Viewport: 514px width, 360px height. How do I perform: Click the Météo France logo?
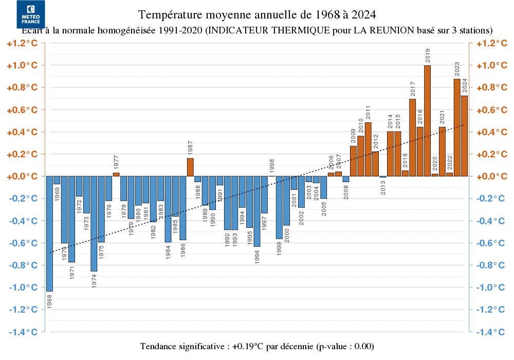point(31,14)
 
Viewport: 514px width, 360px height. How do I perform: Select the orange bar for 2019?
point(427,121)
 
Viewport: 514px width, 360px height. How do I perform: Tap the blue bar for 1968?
point(49,233)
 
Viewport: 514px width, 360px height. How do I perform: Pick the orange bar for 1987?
point(190,167)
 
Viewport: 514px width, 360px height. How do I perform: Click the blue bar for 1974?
point(94,224)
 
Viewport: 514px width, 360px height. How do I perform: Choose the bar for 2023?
point(457,128)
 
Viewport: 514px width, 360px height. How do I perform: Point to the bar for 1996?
point(256,211)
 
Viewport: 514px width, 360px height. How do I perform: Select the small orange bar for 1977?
point(116,174)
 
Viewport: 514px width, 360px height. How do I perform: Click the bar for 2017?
point(412,137)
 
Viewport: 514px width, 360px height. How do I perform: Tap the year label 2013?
point(383,187)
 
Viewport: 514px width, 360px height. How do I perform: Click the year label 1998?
point(272,166)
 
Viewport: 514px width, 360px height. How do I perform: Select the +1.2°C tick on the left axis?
point(23,43)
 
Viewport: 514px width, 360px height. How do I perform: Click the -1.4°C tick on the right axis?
point(491,332)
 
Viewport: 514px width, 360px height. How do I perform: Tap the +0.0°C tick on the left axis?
point(23,176)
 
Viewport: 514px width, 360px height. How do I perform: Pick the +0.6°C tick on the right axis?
point(491,110)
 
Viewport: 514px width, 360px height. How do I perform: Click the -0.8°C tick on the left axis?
point(23,265)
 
